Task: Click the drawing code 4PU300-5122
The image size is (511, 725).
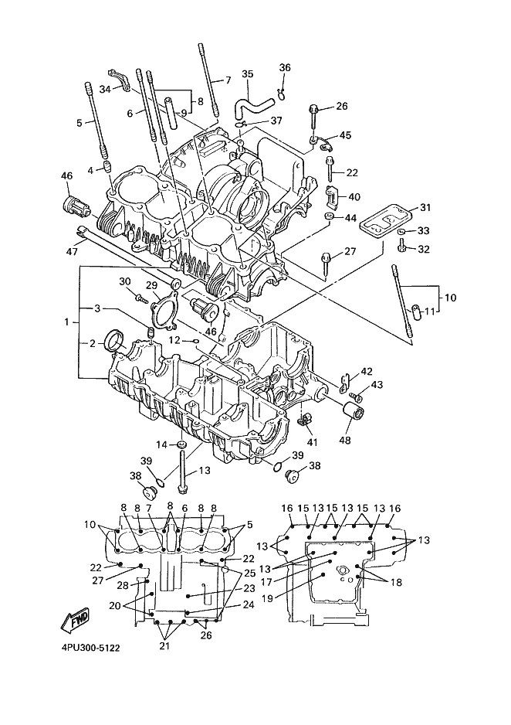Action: point(90,648)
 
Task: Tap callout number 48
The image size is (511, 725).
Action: point(345,440)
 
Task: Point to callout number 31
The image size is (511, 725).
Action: point(425,208)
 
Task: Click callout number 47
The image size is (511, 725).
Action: point(72,251)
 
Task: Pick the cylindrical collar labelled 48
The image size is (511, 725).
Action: point(354,410)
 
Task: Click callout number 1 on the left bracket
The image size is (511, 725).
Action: point(66,322)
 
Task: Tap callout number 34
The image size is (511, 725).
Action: point(105,89)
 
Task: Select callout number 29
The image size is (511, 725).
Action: point(152,285)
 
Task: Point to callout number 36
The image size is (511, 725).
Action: point(285,67)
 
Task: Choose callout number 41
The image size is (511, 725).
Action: point(313,442)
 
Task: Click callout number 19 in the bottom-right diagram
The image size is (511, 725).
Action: point(267,597)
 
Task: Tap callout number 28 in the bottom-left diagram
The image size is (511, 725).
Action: point(122,586)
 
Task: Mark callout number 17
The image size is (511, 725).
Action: point(267,583)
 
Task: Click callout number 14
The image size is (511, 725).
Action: point(161,444)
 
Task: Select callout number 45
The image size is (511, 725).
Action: point(345,135)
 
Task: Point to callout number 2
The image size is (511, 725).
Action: point(93,343)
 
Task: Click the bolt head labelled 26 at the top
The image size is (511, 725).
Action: point(312,109)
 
